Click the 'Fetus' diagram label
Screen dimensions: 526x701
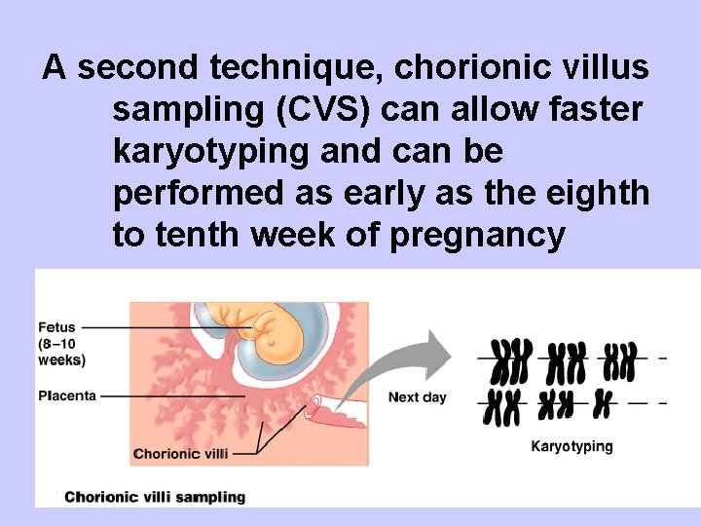[56, 326]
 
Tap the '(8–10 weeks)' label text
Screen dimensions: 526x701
[61, 352]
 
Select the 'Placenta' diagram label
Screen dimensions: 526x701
[67, 396]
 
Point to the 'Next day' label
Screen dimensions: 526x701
[417, 396]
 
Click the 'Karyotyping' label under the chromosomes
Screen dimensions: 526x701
[572, 446]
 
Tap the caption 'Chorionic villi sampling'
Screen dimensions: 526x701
[155, 497]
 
